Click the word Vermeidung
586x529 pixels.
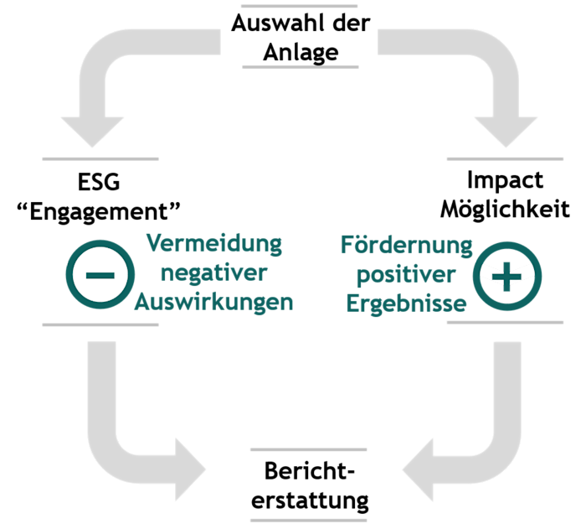pyautogui.click(x=214, y=245)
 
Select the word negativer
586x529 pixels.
pyautogui.click(x=214, y=273)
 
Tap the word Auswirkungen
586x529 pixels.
pyautogui.click(x=214, y=302)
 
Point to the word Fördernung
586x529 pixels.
pyautogui.click(x=407, y=246)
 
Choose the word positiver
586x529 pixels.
pyautogui.click(x=407, y=274)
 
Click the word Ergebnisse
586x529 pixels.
pyautogui.click(x=407, y=303)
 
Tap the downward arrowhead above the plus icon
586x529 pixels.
pyautogui.click(x=506, y=131)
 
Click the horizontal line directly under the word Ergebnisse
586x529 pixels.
pyautogui.click(x=505, y=322)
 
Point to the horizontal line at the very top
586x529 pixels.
pyautogui.click(x=299, y=7)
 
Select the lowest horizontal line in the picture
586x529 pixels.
pyautogui.click(x=309, y=520)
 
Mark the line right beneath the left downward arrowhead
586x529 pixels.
pyautogui.click(x=100, y=158)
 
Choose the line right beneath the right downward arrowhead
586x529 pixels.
pyautogui.click(x=505, y=158)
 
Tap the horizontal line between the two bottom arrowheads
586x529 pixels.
pyautogui.click(x=309, y=450)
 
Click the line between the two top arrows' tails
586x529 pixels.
pyautogui.click(x=300, y=66)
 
